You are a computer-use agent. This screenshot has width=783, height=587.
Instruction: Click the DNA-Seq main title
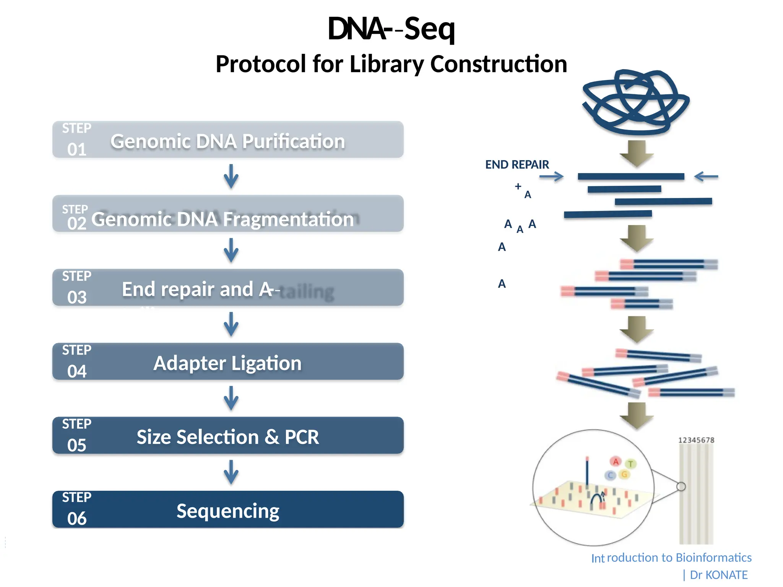click(391, 29)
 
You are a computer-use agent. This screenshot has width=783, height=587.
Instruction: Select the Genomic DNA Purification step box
click(228, 140)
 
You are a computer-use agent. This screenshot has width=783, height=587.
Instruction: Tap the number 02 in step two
click(77, 224)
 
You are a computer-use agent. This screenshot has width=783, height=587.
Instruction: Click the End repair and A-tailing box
click(228, 288)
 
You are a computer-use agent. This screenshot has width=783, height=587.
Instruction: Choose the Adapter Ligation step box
click(228, 362)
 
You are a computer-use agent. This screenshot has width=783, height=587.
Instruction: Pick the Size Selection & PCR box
click(228, 436)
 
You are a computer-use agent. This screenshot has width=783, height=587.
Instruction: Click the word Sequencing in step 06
click(228, 511)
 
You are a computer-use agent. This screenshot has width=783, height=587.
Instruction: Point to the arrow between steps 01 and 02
click(231, 177)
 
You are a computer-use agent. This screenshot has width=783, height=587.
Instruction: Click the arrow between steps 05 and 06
click(231, 472)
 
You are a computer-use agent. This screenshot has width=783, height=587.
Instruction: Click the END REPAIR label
click(517, 165)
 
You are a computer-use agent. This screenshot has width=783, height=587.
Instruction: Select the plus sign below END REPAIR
click(518, 186)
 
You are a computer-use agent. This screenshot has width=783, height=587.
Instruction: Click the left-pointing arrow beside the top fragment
click(706, 177)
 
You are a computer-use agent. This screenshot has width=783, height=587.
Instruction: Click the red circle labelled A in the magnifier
click(616, 462)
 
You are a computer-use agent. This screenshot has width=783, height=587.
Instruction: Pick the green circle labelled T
click(630, 464)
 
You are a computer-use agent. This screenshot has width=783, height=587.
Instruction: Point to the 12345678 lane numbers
click(696, 440)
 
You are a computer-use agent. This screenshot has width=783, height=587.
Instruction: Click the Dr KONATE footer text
click(718, 575)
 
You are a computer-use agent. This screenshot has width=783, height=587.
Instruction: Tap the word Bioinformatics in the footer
click(713, 558)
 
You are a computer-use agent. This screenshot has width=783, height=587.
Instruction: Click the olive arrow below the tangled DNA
click(637, 154)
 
